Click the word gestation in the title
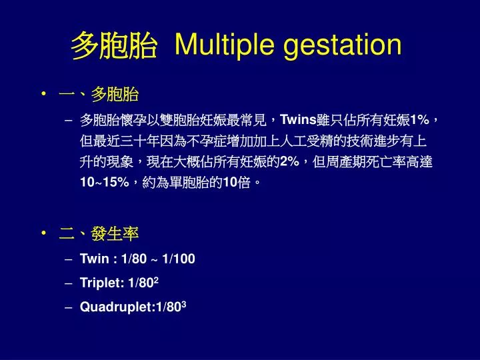[x=343, y=45]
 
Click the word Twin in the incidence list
[x=92, y=259]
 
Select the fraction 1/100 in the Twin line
[x=179, y=259]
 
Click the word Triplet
[x=97, y=283]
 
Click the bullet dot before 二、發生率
[x=44, y=233]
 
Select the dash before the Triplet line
[x=69, y=283]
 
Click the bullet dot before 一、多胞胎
[x=44, y=95]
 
